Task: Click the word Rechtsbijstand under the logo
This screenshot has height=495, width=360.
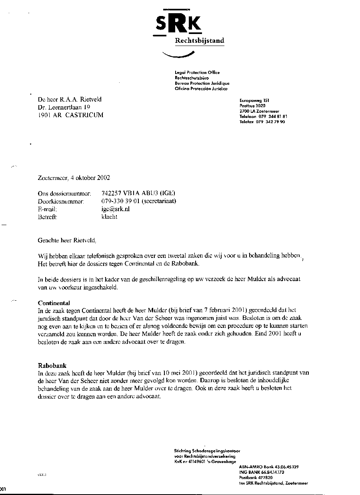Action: pos(200,41)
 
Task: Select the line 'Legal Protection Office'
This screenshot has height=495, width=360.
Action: pos(197,72)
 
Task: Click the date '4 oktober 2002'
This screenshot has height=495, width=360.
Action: pos(90,178)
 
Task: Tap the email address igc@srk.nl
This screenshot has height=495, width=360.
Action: pos(116,209)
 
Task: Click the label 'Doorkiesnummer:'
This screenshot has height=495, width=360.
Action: pos(60,202)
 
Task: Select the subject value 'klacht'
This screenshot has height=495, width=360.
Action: pos(110,217)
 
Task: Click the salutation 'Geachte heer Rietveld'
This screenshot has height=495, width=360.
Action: pos(67,241)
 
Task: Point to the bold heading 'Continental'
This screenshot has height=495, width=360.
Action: pos(54,303)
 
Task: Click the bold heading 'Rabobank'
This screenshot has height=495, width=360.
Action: pos(52,365)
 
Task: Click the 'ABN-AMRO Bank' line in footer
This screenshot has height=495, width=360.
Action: pos(256,467)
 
